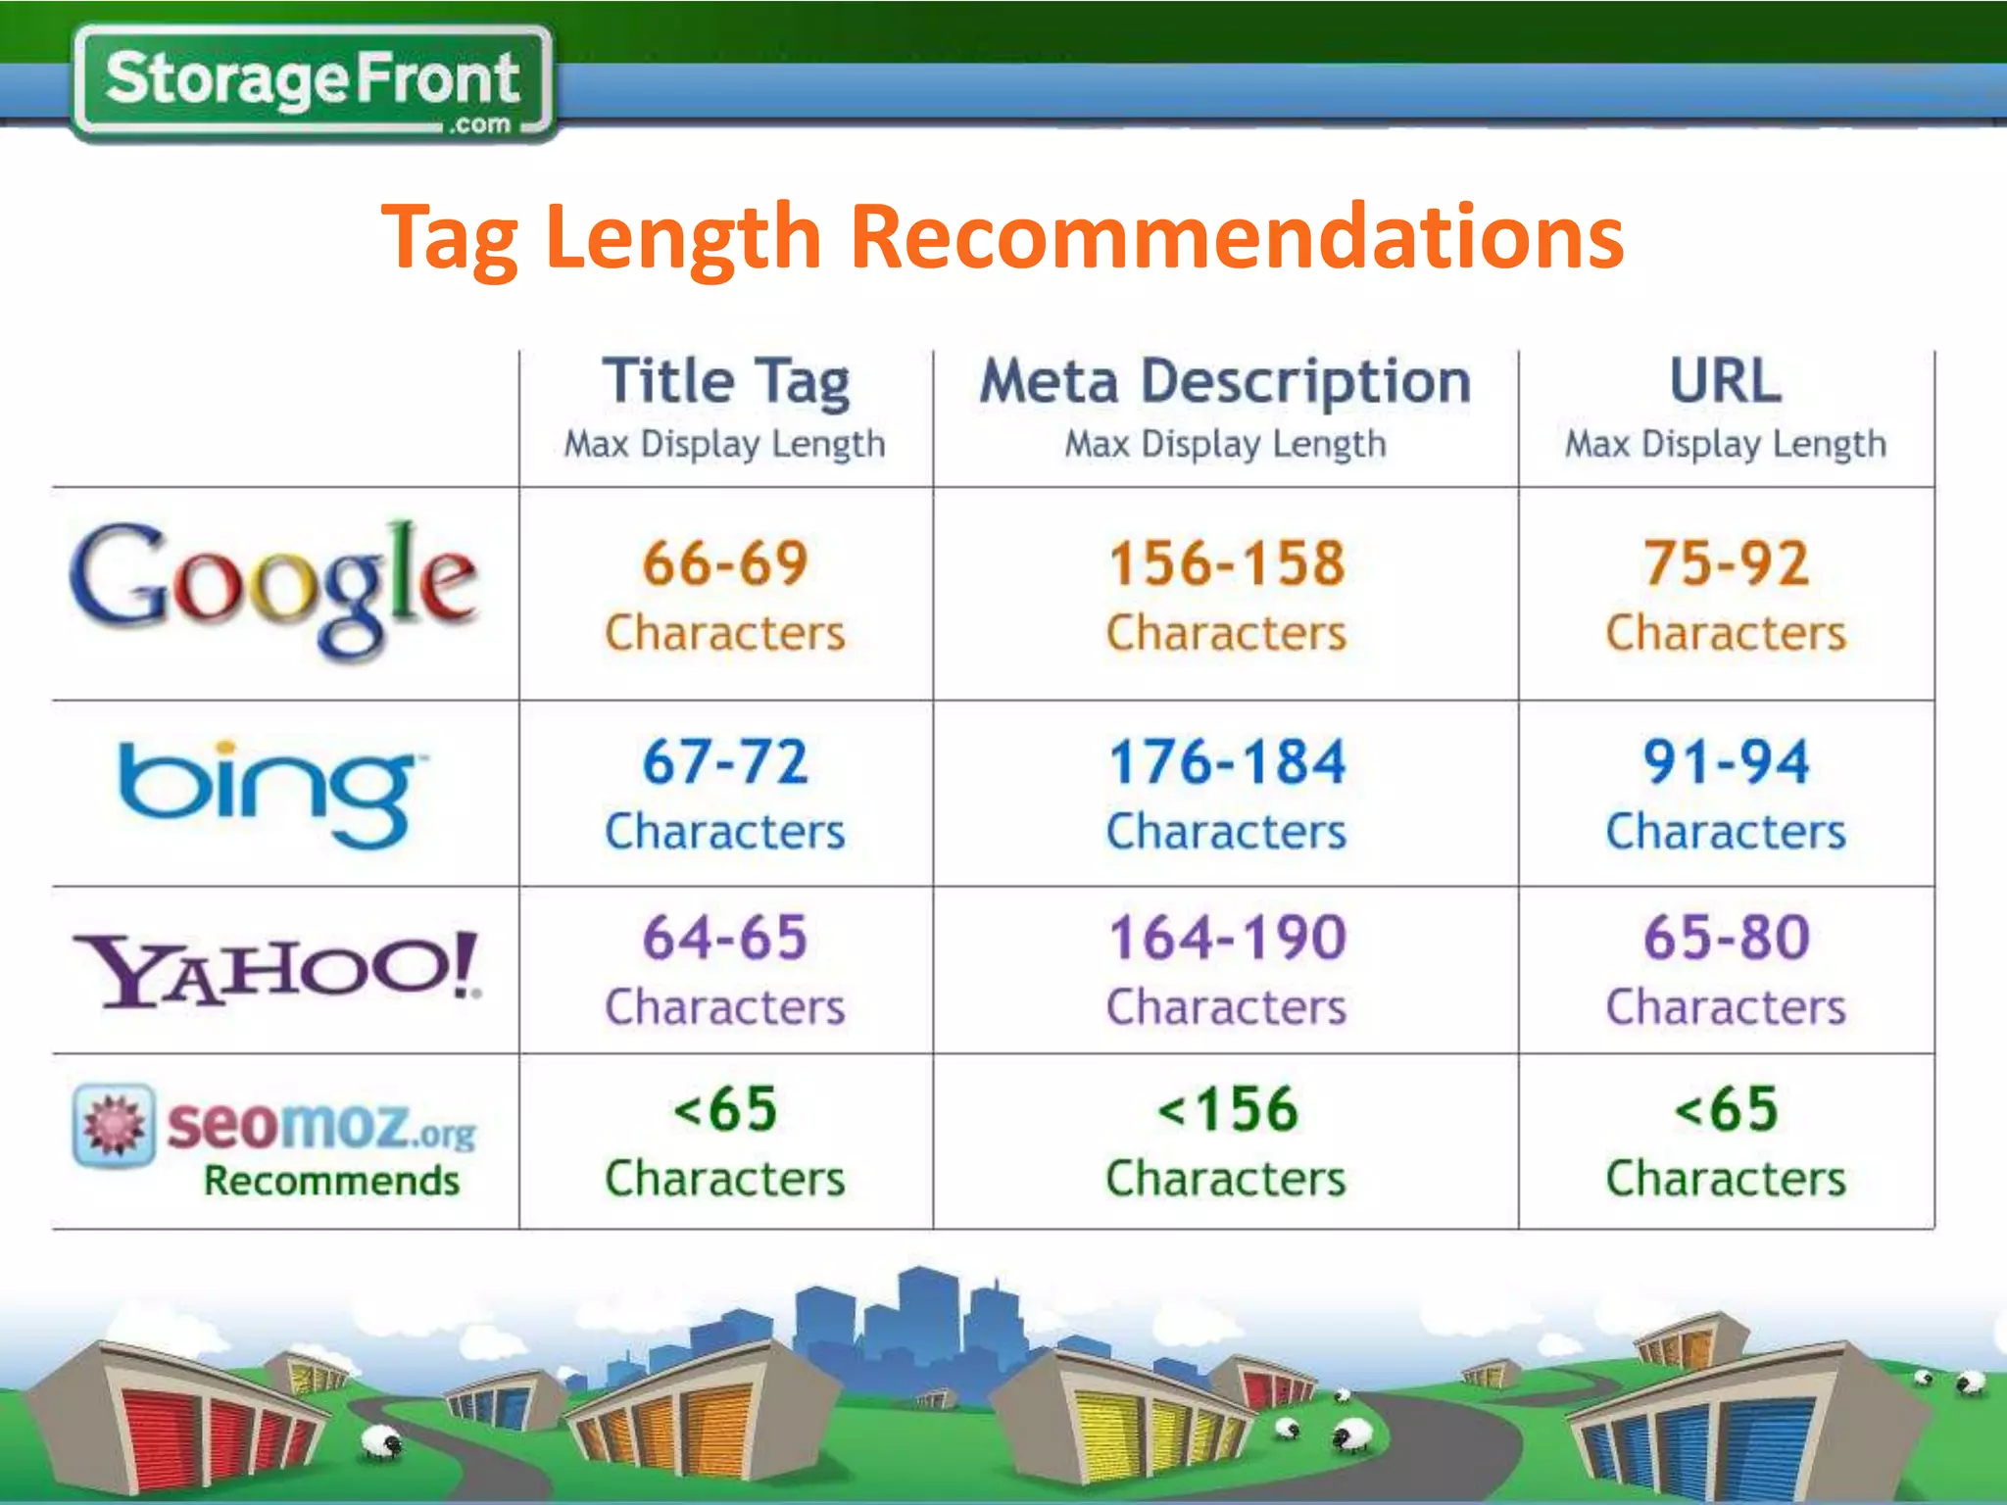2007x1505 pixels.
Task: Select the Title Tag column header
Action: [x=725, y=381]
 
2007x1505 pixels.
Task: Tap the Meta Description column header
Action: [x=1225, y=381]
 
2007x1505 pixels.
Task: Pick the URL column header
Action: [x=1726, y=381]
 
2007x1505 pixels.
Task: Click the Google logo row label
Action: [x=274, y=588]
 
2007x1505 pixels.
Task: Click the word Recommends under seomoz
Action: [x=331, y=1181]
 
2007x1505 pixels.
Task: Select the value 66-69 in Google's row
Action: [x=725, y=564]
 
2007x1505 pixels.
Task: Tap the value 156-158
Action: [x=1227, y=564]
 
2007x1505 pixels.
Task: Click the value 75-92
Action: [x=1727, y=564]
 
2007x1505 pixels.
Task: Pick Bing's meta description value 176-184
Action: [x=1227, y=762]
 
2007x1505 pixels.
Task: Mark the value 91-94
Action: [x=1727, y=762]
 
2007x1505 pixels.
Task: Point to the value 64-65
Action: [x=725, y=938]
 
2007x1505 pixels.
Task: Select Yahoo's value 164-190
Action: [x=1227, y=938]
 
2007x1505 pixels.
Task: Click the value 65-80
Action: [x=1727, y=938]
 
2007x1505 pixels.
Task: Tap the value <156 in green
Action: [x=1227, y=1110]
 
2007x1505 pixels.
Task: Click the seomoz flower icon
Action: [x=114, y=1125]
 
